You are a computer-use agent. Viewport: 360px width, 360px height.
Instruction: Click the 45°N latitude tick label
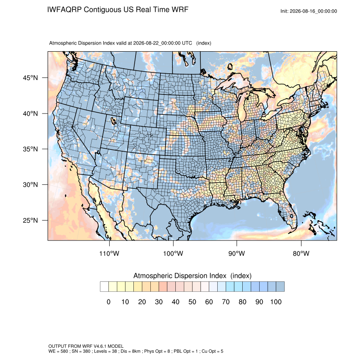(30, 78)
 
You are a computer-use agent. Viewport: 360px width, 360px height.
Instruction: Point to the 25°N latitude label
(30, 220)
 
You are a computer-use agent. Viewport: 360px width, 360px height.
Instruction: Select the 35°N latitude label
(30, 149)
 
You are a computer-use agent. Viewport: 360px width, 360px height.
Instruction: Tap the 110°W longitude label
(109, 253)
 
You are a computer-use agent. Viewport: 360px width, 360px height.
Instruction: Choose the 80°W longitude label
(301, 253)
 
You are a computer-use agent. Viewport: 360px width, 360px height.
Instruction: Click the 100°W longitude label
(173, 253)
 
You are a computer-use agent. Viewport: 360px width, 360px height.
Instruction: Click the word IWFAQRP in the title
(64, 10)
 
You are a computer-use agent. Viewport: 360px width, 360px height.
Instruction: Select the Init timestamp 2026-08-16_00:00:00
(313, 11)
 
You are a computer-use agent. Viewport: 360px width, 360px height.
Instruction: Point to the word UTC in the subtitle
(187, 43)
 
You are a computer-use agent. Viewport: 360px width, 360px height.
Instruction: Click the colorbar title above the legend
(192, 276)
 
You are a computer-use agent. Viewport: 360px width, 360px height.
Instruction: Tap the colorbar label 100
(276, 302)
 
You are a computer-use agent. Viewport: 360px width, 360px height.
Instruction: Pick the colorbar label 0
(108, 302)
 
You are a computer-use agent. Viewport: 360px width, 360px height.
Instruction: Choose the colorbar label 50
(192, 302)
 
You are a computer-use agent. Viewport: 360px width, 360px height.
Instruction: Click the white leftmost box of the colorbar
(105, 287)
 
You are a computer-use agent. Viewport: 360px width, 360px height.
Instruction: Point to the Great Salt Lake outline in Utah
(113, 121)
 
